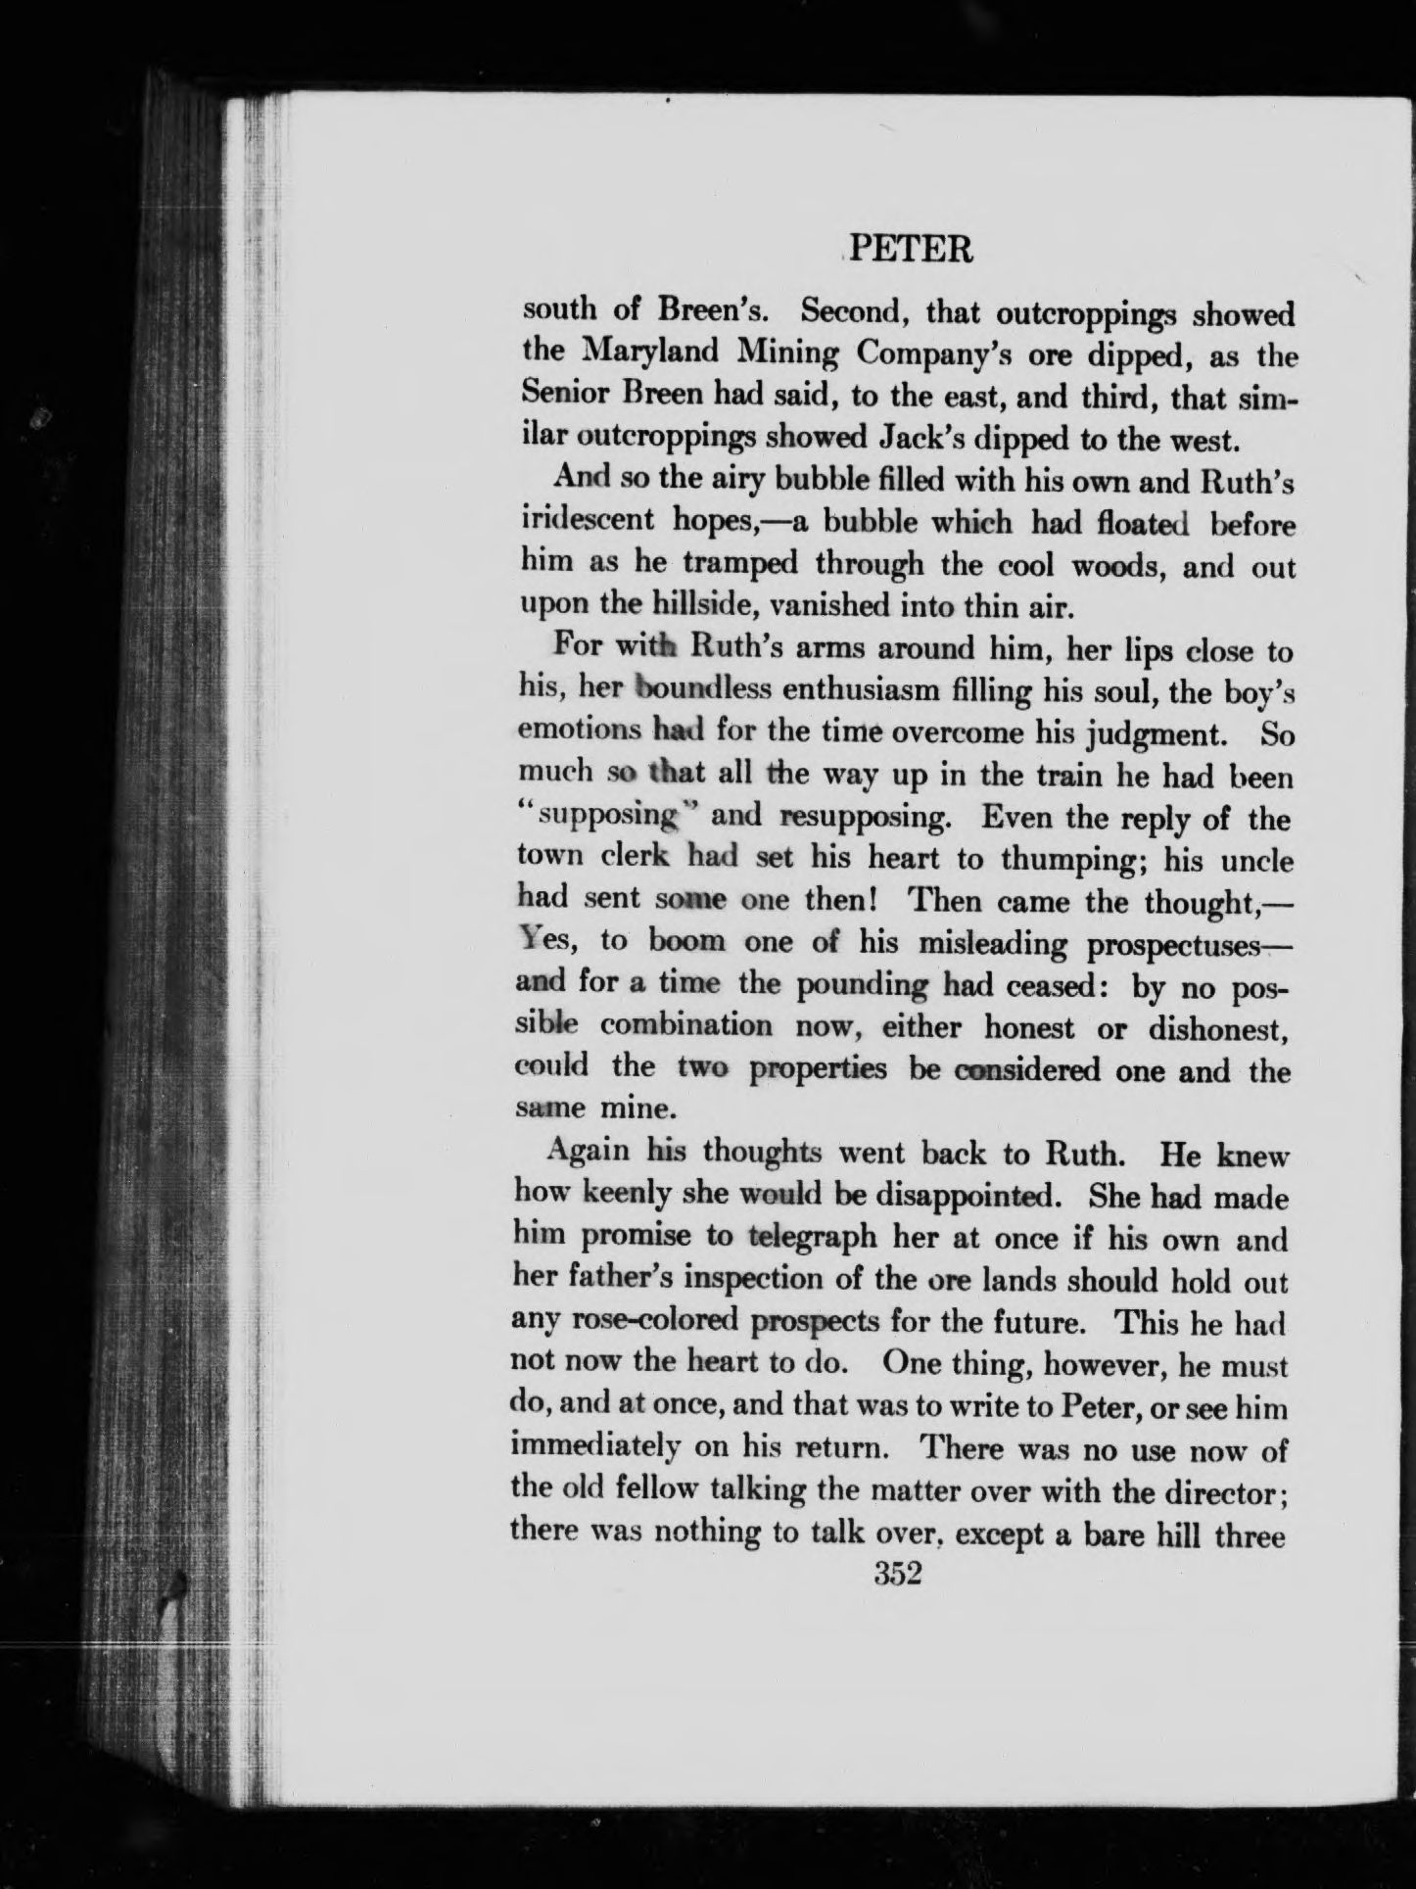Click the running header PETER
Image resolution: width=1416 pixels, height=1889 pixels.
click(x=910, y=252)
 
